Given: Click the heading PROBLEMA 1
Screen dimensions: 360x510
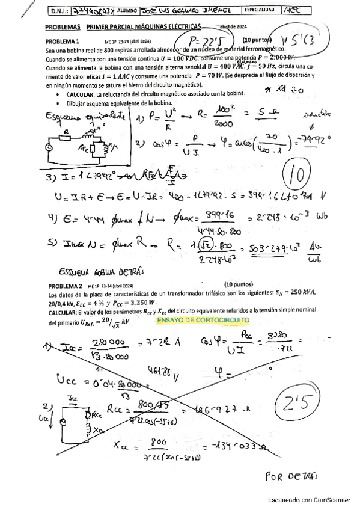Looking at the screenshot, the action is (63, 41).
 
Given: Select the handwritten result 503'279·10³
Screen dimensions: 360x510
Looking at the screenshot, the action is (281, 248).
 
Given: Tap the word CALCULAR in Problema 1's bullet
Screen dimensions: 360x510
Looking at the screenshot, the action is (78, 95).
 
